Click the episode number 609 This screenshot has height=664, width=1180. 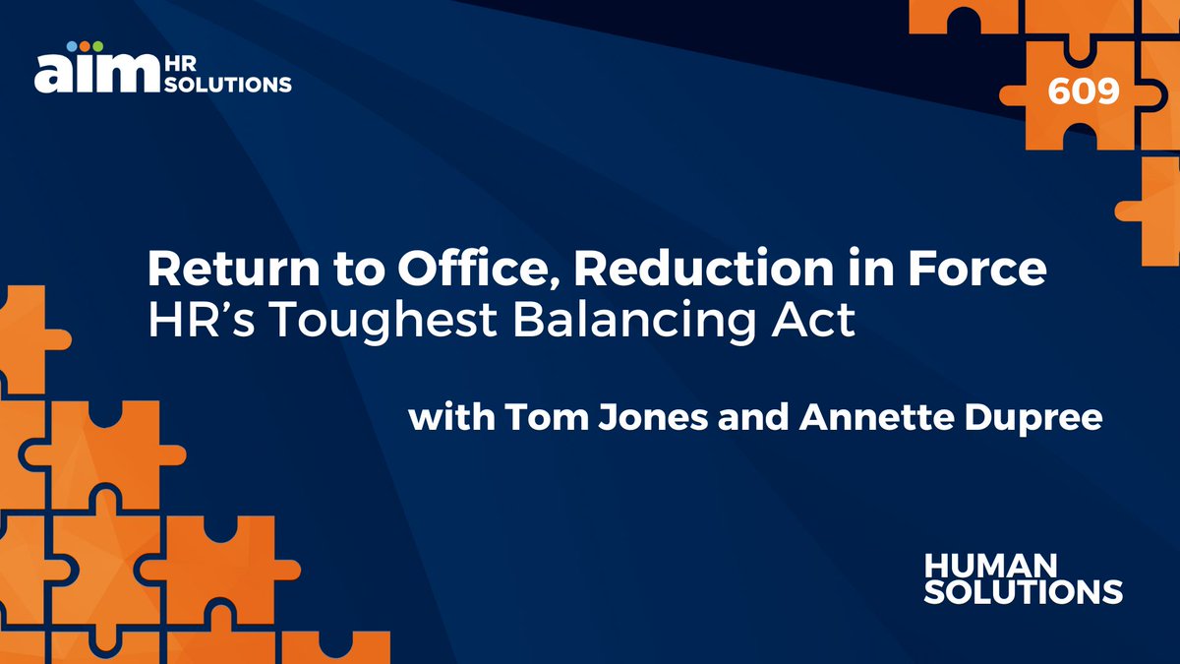pyautogui.click(x=1084, y=91)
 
